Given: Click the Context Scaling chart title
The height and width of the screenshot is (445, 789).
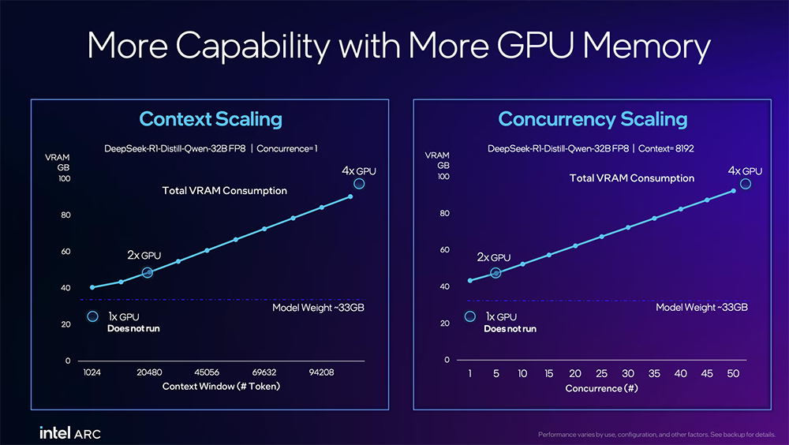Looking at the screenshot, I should (x=211, y=120).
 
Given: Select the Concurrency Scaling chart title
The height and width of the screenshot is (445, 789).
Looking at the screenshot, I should (x=593, y=120).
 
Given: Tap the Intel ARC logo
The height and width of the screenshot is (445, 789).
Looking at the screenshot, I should (x=70, y=432).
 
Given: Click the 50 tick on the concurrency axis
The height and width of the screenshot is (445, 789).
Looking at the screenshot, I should (x=734, y=373).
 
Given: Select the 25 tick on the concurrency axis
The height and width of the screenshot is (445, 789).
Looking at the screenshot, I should (x=602, y=373).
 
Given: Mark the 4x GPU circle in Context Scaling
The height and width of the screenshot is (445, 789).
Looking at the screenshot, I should (x=359, y=184).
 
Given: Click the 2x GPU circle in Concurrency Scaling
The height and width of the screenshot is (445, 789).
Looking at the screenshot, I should (x=495, y=272).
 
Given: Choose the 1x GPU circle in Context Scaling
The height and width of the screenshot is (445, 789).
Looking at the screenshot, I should (x=92, y=317).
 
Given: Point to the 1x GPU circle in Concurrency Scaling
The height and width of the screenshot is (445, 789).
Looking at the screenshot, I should (x=470, y=316).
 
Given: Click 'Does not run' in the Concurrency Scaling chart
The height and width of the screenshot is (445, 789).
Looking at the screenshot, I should (x=510, y=329).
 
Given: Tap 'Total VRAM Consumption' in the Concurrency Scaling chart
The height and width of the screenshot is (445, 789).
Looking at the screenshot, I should (x=632, y=178).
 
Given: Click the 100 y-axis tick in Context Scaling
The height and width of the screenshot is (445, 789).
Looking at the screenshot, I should (x=64, y=179).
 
